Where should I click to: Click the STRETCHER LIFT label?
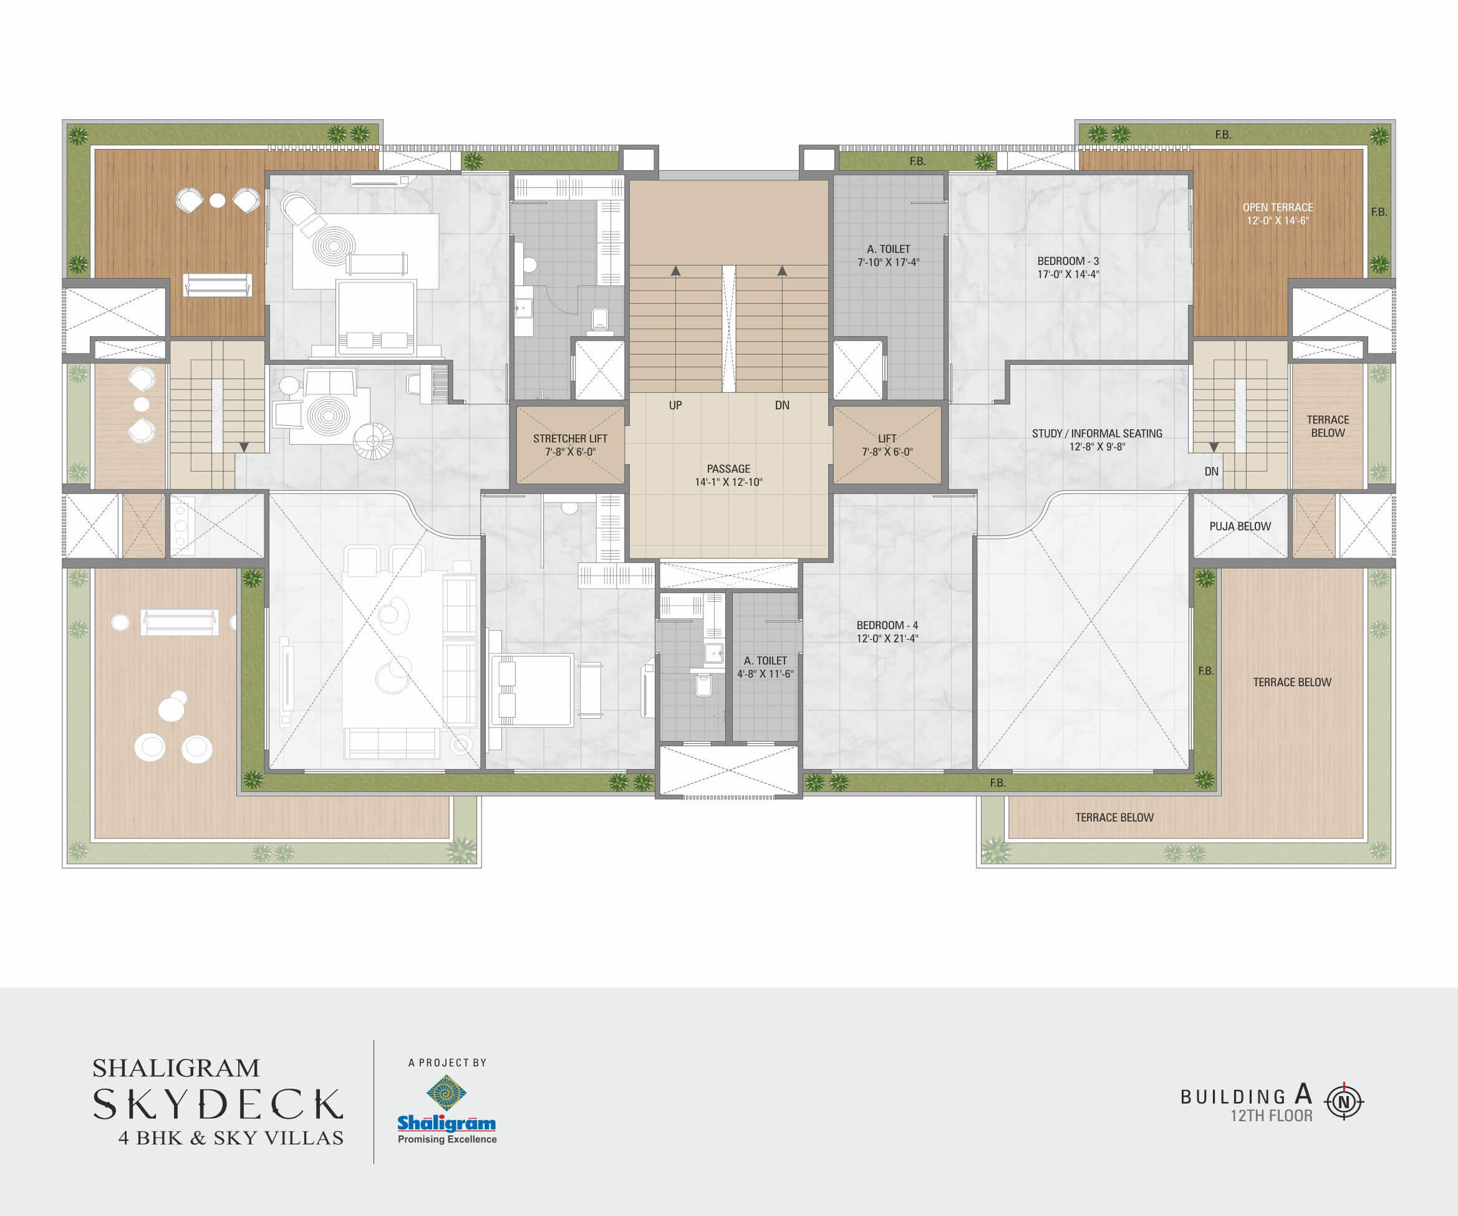570,438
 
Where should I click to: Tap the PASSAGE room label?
728,469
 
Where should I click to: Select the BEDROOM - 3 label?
1068,261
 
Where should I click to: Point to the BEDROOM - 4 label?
887,625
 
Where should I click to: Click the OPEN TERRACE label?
1278,207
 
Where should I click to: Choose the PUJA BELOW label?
1240,526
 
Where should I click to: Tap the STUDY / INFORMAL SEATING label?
1097,433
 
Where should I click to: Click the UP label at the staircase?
675,405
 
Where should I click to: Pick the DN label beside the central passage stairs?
782,405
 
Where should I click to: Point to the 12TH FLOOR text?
1272,1116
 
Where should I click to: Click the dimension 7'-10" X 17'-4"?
888,263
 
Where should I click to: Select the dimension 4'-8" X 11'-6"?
765,673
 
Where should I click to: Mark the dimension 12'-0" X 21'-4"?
887,638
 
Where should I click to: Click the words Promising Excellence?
447,1139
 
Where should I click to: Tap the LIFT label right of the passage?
887,438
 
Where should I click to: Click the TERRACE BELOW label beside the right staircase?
1328,426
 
